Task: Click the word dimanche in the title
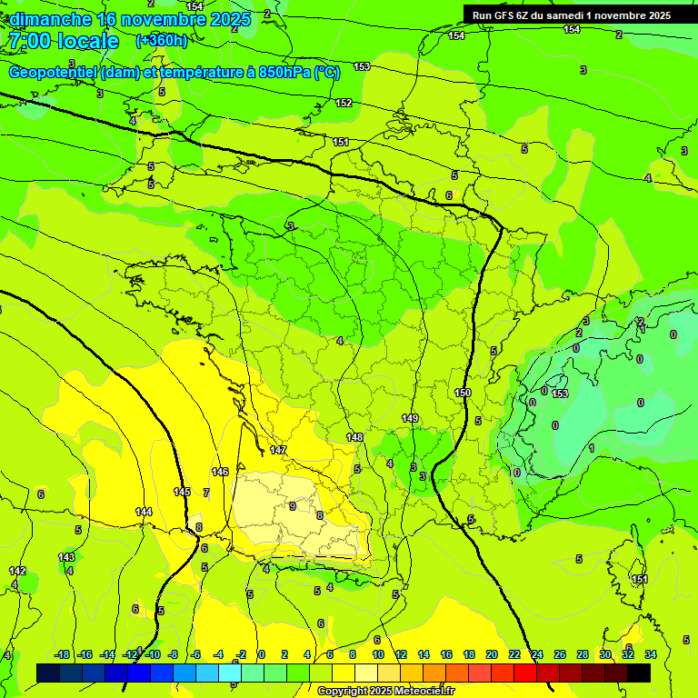[x=50, y=18]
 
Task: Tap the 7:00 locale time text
[x=63, y=41]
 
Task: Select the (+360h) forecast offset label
[x=161, y=40]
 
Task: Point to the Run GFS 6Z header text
[x=509, y=15]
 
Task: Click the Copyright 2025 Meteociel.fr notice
[x=385, y=691]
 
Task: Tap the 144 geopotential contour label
[x=144, y=512]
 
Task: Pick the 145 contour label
[x=183, y=492]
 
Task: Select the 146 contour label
[x=220, y=472]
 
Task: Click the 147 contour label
[x=278, y=450]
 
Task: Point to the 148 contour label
[x=354, y=437]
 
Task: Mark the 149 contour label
[x=410, y=418]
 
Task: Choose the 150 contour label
[x=464, y=393]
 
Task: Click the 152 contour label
[x=344, y=103]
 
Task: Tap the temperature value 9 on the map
[x=292, y=506]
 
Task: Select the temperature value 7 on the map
[x=206, y=493]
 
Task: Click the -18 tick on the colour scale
[x=63, y=654]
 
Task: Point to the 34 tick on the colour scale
[x=650, y=654]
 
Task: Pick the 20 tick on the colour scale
[x=492, y=654]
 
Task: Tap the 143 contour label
[x=66, y=557]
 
